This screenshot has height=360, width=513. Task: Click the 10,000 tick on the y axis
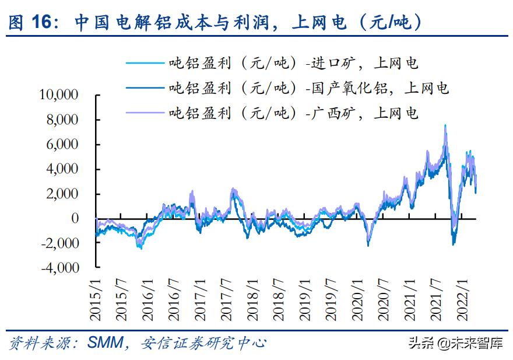[x=59, y=95]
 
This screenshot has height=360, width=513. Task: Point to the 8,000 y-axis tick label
[x=62, y=120]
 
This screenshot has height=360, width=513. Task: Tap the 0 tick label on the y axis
[x=75, y=218]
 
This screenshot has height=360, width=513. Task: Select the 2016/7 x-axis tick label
[x=173, y=298]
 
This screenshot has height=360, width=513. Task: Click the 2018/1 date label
[x=252, y=298]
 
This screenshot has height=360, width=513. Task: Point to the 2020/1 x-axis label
[x=357, y=298]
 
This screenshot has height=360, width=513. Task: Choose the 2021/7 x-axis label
[x=435, y=298]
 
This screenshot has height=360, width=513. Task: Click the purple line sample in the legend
[x=143, y=113]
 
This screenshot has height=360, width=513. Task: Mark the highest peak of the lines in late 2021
[x=445, y=125]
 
